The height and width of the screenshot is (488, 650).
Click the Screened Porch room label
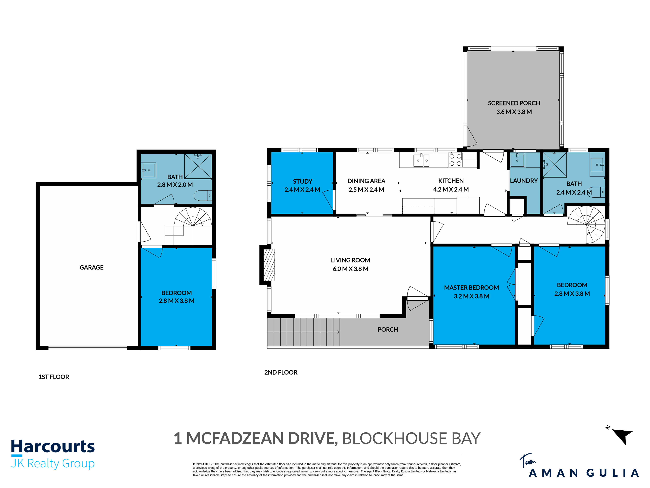click(x=514, y=103)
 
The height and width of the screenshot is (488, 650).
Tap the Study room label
click(x=302, y=182)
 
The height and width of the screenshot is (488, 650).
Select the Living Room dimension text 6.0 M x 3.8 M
click(x=350, y=269)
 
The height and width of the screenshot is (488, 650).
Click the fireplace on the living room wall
click(x=269, y=265)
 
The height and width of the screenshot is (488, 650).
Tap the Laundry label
click(x=524, y=181)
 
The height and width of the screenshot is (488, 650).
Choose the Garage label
click(x=91, y=267)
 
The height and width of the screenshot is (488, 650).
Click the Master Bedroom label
click(x=471, y=288)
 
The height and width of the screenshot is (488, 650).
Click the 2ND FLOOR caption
click(x=281, y=372)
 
